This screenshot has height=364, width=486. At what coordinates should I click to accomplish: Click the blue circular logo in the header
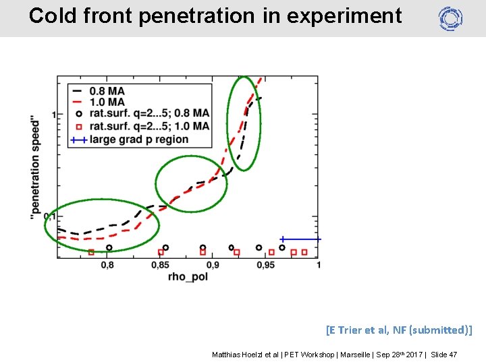click(450, 18)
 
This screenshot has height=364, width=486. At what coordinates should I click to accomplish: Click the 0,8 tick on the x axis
click(107, 266)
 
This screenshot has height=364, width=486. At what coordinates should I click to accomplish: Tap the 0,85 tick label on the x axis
click(160, 266)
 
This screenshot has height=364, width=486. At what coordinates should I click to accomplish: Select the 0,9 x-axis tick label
click(213, 266)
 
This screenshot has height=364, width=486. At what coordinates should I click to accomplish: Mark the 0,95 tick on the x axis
click(265, 266)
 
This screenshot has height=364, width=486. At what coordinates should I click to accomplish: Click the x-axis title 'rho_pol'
click(188, 277)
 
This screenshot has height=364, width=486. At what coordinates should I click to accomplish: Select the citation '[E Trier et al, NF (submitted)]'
click(398, 330)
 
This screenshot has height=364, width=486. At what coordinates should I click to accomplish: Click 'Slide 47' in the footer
click(443, 355)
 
